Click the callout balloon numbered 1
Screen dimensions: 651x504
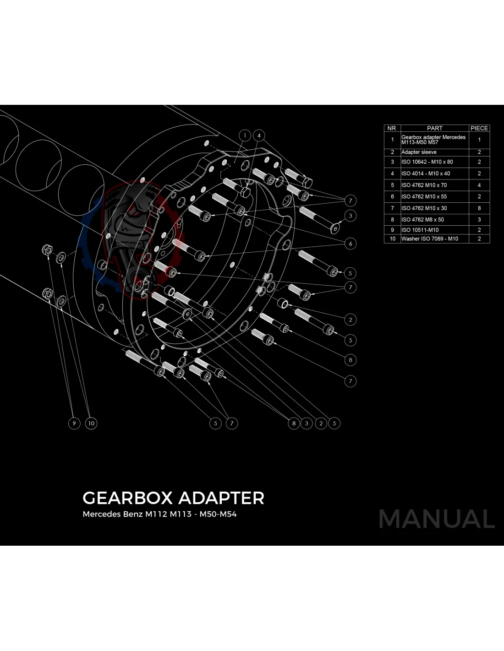click(245, 136)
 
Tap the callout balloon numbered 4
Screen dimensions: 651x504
click(259, 136)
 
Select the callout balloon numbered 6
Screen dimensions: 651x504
click(351, 244)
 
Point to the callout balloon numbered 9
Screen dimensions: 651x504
click(74, 423)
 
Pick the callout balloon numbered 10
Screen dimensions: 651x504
click(91, 423)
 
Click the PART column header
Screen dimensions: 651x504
click(434, 128)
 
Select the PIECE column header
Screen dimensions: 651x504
click(479, 128)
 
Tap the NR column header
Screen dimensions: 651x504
click(392, 128)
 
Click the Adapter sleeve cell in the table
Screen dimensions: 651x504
click(419, 152)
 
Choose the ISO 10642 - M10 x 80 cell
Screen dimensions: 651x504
click(427, 162)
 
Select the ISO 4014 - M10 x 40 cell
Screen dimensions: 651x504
click(426, 174)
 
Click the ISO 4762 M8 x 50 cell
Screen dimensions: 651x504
click(422, 219)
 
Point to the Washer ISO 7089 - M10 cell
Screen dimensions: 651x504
click(430, 239)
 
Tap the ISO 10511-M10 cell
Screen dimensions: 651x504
click(420, 230)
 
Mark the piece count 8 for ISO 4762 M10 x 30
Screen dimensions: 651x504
click(479, 208)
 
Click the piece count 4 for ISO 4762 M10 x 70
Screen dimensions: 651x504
click(479, 185)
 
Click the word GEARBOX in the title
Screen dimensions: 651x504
click(127, 498)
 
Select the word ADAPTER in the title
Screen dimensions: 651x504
click(221, 498)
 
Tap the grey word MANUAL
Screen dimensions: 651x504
click(436, 519)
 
